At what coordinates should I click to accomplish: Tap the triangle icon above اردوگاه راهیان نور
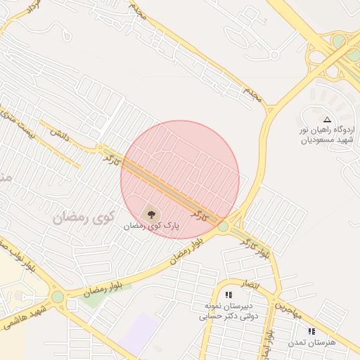tap(326, 120)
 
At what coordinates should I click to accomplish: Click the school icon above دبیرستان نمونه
tap(228, 295)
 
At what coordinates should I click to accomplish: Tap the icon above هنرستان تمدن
tap(311, 330)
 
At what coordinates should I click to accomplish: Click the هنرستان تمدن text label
tap(312, 342)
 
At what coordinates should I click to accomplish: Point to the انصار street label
tap(250, 284)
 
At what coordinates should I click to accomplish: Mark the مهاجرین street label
tap(287, 308)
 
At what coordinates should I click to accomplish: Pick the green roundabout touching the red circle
tap(223, 226)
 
